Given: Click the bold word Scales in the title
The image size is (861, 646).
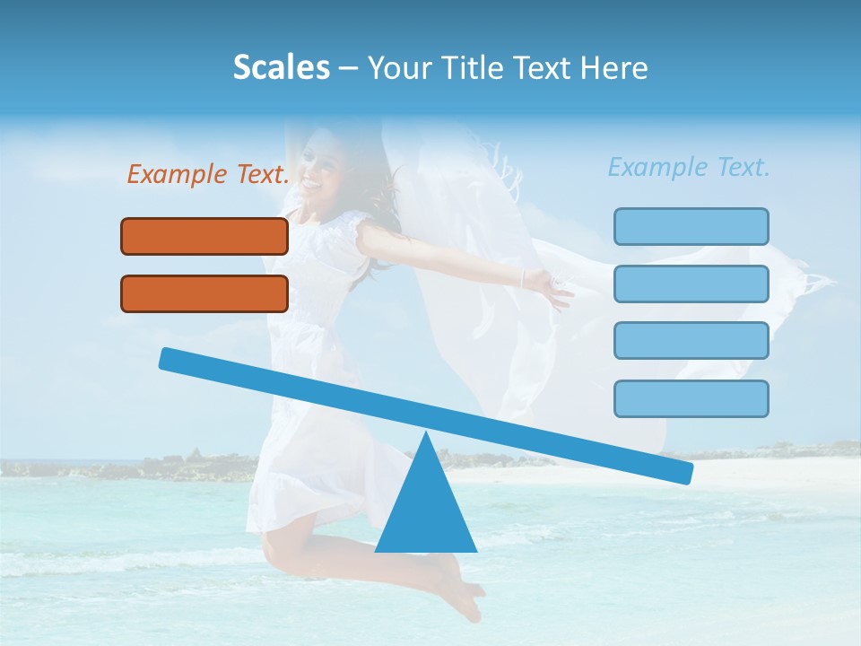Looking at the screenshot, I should [281, 67].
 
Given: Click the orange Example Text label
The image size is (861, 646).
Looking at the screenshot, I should [208, 174].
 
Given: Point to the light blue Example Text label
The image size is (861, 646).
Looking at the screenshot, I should [689, 167].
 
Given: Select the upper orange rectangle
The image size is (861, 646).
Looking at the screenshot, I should [204, 236].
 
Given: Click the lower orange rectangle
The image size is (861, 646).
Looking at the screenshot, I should [204, 293].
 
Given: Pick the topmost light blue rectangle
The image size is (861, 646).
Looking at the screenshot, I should [691, 226].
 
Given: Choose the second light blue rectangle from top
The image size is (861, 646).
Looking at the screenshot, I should [691, 284].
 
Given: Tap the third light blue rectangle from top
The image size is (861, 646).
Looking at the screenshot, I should [691, 341].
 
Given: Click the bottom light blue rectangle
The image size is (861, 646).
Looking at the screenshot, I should [691, 398].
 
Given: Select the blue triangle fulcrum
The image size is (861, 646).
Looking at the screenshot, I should [425, 511].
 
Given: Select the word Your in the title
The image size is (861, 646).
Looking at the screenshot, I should [399, 67].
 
